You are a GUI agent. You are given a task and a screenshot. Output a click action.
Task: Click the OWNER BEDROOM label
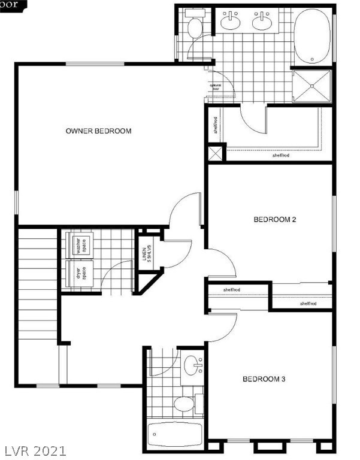pos(98,131)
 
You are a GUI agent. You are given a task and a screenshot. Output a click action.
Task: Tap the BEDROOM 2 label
pos(275,220)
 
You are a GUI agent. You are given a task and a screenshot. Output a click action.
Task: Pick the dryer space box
pos(78,273)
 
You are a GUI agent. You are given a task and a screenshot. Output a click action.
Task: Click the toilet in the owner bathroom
pos(195,27)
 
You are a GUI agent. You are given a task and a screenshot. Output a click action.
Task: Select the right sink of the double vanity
pos(262,23)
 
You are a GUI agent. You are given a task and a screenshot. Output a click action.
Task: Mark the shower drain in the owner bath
pos(312,86)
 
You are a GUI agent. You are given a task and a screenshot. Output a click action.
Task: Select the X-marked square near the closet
pos(216,152)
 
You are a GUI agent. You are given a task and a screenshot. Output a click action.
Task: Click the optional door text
pos(216,87)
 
